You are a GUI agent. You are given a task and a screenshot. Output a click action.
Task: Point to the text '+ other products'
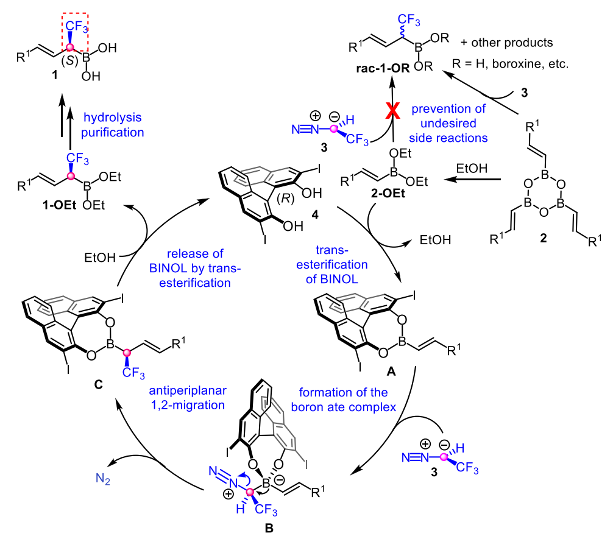coord(509,43)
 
